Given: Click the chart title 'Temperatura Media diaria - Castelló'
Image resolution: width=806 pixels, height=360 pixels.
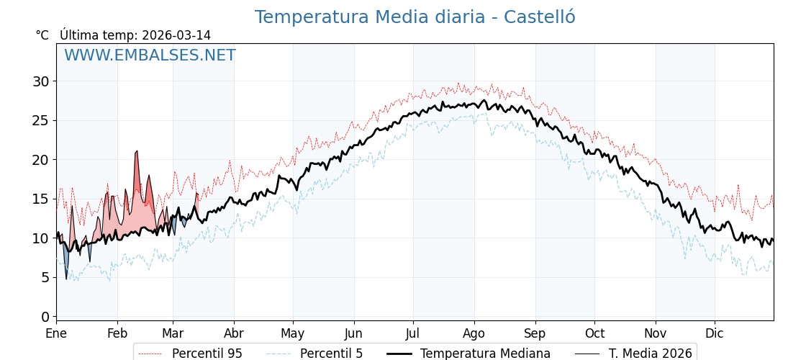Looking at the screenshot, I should (415, 17).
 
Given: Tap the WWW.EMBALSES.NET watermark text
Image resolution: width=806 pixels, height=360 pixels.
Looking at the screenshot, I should (150, 55).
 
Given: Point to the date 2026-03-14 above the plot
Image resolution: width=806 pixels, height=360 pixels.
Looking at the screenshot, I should (176, 35).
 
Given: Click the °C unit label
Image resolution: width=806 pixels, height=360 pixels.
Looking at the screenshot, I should (42, 35).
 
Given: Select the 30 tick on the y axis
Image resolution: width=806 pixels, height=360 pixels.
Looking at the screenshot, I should (41, 81).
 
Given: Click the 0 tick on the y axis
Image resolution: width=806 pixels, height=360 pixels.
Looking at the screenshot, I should (45, 317).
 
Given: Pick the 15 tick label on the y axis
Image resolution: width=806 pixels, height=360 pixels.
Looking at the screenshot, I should (41, 199).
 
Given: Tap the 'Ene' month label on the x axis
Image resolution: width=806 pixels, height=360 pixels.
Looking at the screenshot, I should (56, 334).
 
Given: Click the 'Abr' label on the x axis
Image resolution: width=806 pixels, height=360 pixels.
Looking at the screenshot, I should (234, 334).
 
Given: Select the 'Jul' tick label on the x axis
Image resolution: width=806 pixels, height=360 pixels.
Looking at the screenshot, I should (413, 334).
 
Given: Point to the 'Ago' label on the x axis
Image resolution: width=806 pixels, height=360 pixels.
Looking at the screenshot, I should (474, 334).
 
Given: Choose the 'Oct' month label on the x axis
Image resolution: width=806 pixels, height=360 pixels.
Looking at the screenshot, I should (594, 334).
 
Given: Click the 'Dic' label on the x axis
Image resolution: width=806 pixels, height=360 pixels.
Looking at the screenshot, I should (715, 334).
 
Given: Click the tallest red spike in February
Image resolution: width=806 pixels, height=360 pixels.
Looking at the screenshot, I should (137, 152).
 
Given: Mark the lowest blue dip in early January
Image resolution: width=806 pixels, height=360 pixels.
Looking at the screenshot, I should (66, 278).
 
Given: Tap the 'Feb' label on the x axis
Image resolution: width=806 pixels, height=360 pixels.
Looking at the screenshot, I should (117, 334).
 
